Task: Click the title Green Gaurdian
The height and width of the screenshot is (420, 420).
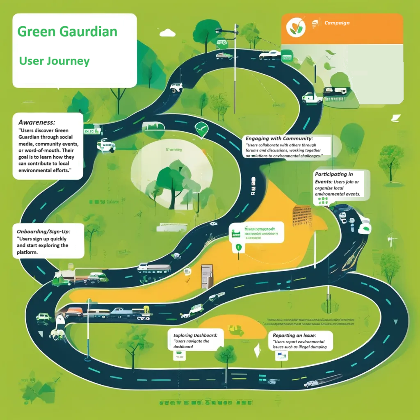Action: (67, 32)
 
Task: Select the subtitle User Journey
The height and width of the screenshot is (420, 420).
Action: (54, 61)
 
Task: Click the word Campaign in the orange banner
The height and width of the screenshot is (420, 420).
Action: (337, 23)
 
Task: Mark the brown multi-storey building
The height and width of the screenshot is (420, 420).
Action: (302, 216)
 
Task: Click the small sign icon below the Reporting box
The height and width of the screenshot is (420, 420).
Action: (281, 355)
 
